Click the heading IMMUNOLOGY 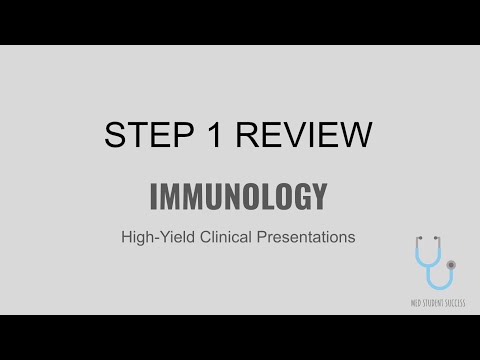238,196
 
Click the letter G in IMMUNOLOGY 300,196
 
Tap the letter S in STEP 114,135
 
